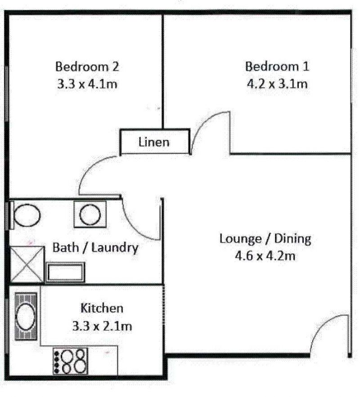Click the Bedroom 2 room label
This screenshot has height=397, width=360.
87,67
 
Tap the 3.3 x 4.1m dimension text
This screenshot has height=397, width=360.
87,84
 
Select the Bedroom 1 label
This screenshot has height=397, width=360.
277,67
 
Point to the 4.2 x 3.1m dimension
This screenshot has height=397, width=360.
277,84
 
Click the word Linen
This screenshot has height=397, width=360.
154,142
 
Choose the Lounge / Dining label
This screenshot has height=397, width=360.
265,239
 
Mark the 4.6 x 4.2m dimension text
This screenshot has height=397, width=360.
265,256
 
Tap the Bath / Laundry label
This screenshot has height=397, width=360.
95,248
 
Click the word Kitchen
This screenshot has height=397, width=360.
102,308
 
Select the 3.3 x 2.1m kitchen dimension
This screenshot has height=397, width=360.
102,326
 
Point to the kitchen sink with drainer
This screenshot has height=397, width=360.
26,317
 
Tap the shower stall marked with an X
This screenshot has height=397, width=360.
27,264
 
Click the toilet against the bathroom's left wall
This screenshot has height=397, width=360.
25,215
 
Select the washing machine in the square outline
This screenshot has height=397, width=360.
90,214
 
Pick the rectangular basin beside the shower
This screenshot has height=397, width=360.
65,272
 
